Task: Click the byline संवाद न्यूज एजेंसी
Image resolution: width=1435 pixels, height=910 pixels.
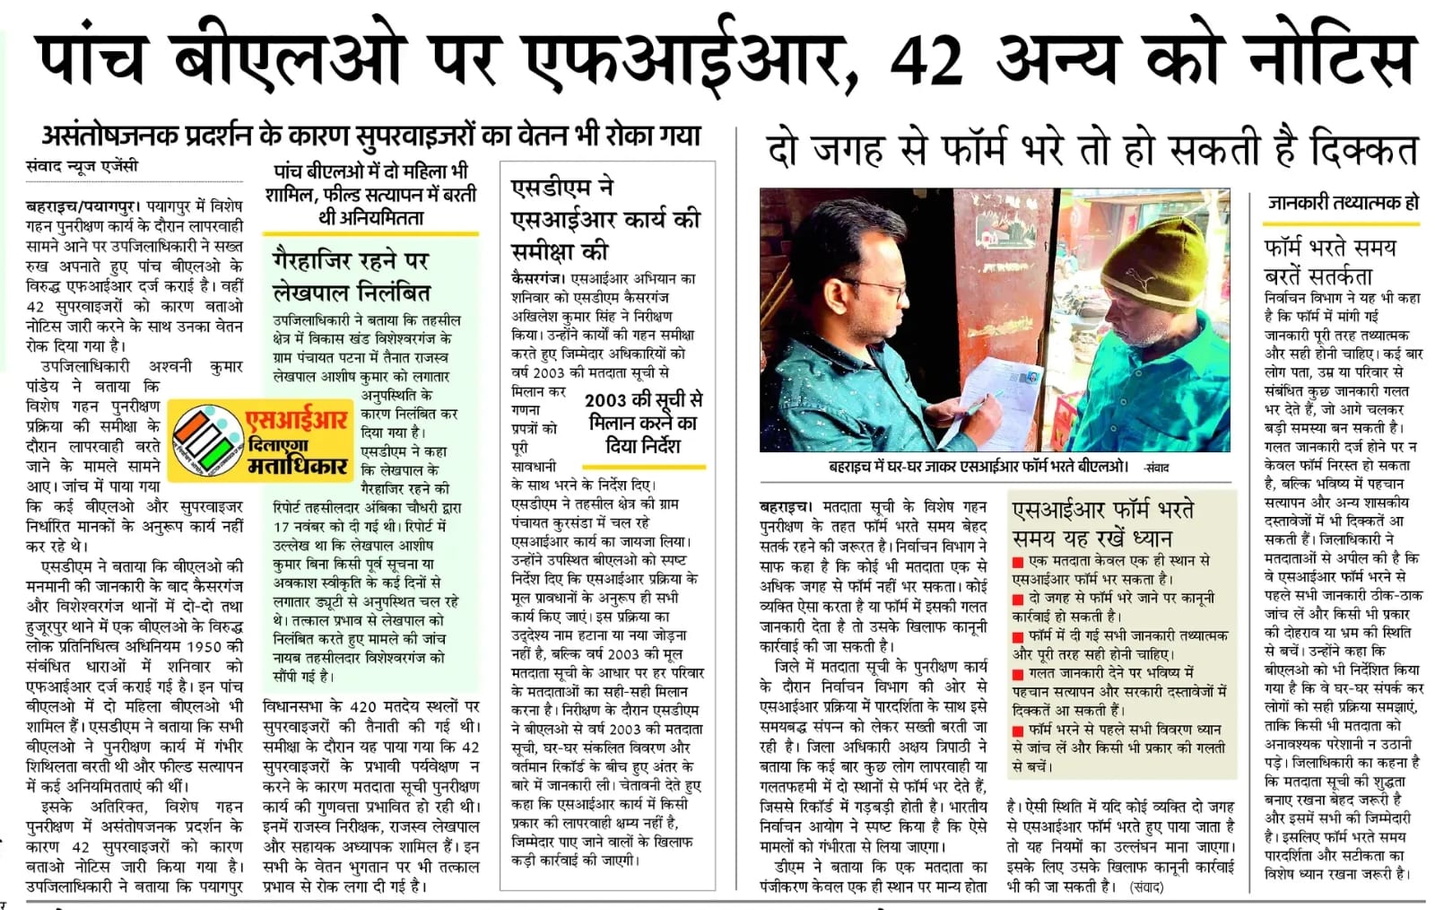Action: [83, 166]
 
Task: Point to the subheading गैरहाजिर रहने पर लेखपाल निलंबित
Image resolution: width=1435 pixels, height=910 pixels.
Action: [352, 276]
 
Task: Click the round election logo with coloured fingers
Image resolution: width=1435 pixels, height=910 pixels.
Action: [204, 440]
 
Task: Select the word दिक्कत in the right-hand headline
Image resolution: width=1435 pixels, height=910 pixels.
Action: [1362, 150]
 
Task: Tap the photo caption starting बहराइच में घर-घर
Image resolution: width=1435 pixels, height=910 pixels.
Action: [978, 467]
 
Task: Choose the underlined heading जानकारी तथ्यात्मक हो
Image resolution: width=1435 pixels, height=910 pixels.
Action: [1343, 203]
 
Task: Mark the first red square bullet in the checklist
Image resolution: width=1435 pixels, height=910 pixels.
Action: [1018, 562]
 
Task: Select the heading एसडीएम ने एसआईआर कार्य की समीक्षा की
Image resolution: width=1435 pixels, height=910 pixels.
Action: [604, 218]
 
